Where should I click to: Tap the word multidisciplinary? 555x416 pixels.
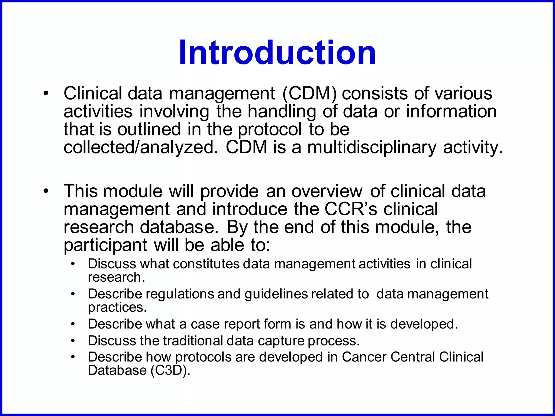coord(372,148)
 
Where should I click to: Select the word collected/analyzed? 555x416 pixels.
coord(141,148)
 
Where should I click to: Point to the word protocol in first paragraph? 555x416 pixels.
coord(269,129)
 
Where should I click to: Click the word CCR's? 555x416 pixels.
coord(351,209)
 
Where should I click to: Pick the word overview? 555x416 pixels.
coord(327,191)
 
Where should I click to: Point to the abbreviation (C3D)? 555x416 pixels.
coord(170,370)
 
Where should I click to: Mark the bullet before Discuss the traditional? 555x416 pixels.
coord(73,341)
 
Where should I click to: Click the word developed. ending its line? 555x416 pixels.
coord(424,324)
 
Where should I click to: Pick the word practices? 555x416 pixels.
coord(117,308)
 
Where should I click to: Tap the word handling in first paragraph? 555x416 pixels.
coord(282,112)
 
